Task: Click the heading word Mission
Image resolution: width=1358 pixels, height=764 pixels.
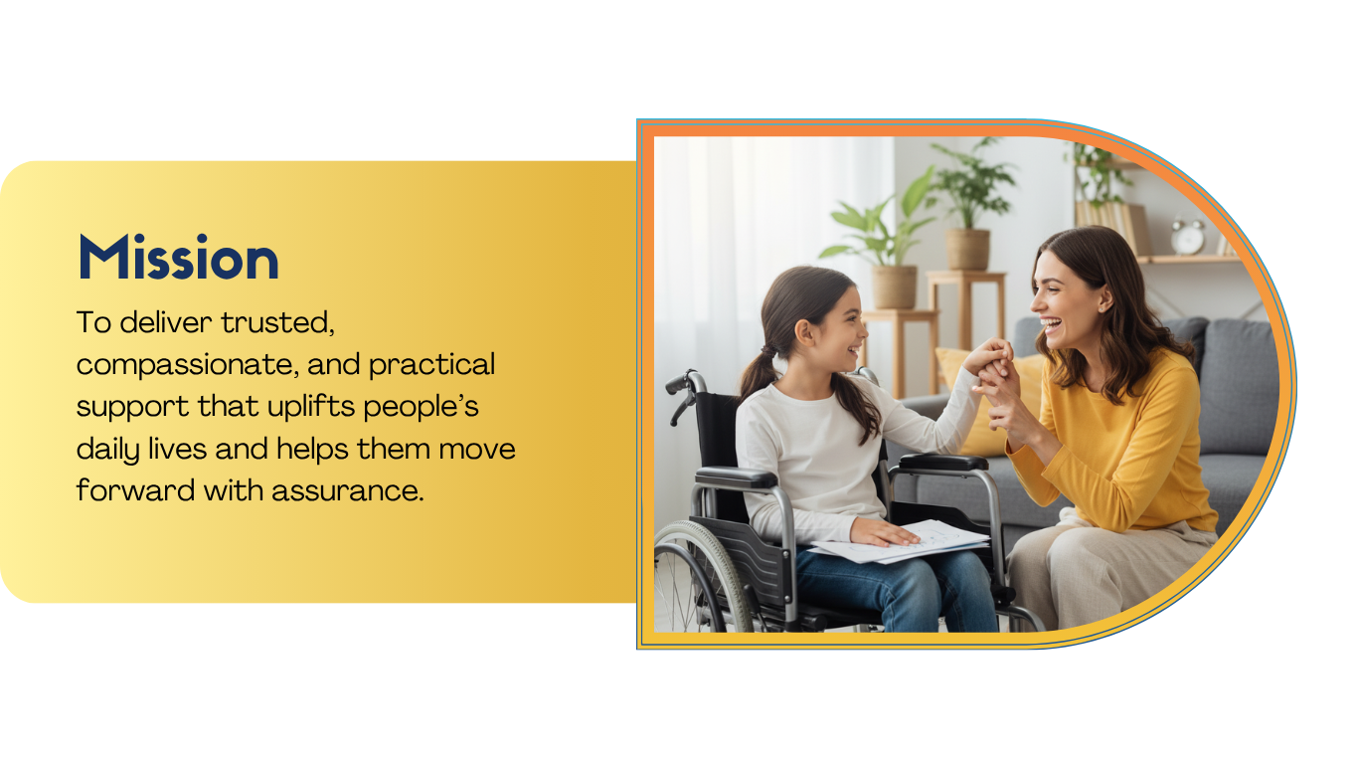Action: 178,258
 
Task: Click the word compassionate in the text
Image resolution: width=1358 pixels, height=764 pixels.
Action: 188,365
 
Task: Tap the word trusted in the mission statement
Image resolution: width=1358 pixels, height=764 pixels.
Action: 277,322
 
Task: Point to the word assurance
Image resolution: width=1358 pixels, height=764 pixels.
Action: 347,490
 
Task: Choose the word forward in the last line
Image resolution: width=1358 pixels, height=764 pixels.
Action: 136,489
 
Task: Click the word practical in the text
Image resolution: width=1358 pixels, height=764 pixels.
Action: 431,365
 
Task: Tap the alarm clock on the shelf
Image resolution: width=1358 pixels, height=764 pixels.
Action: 1187,236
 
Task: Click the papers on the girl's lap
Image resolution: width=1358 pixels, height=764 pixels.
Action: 900,542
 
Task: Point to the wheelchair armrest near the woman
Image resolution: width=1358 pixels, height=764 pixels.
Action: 943,463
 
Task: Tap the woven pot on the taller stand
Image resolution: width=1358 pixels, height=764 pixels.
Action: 967,250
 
